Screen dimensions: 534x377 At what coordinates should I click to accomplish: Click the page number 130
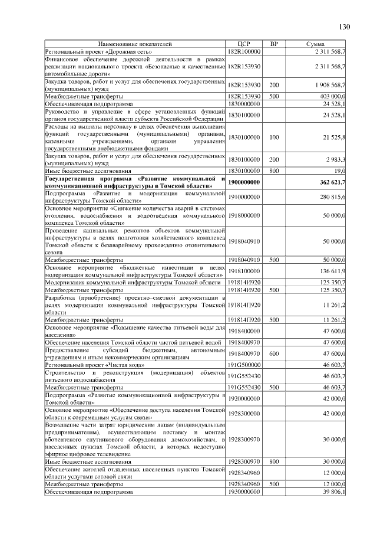345,27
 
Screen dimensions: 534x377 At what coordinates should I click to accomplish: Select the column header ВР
274,44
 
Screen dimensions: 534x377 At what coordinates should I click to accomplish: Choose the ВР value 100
274,137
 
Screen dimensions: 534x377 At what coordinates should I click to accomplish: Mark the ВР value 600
274,353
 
